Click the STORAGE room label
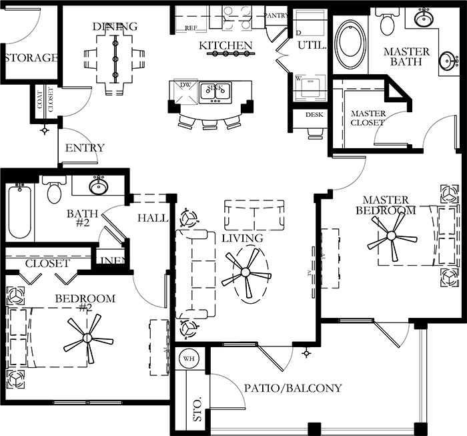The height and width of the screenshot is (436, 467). click(x=31, y=57)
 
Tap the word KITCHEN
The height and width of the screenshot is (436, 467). click(x=226, y=46)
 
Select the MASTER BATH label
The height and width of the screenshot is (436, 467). click(x=407, y=57)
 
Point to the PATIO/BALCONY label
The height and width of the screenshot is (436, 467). click(x=292, y=388)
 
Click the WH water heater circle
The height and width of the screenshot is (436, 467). click(x=187, y=359)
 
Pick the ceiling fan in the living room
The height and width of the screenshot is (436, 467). click(x=246, y=272)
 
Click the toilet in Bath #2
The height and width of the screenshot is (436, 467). click(x=54, y=191)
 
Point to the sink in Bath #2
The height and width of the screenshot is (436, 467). click(x=99, y=184)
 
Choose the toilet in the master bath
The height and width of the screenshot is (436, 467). click(x=387, y=24)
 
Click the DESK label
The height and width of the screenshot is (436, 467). click(x=314, y=114)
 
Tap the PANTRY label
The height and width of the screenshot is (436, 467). click(x=276, y=14)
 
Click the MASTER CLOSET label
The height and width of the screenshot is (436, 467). click(x=368, y=118)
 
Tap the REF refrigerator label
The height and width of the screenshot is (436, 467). click(x=191, y=27)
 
